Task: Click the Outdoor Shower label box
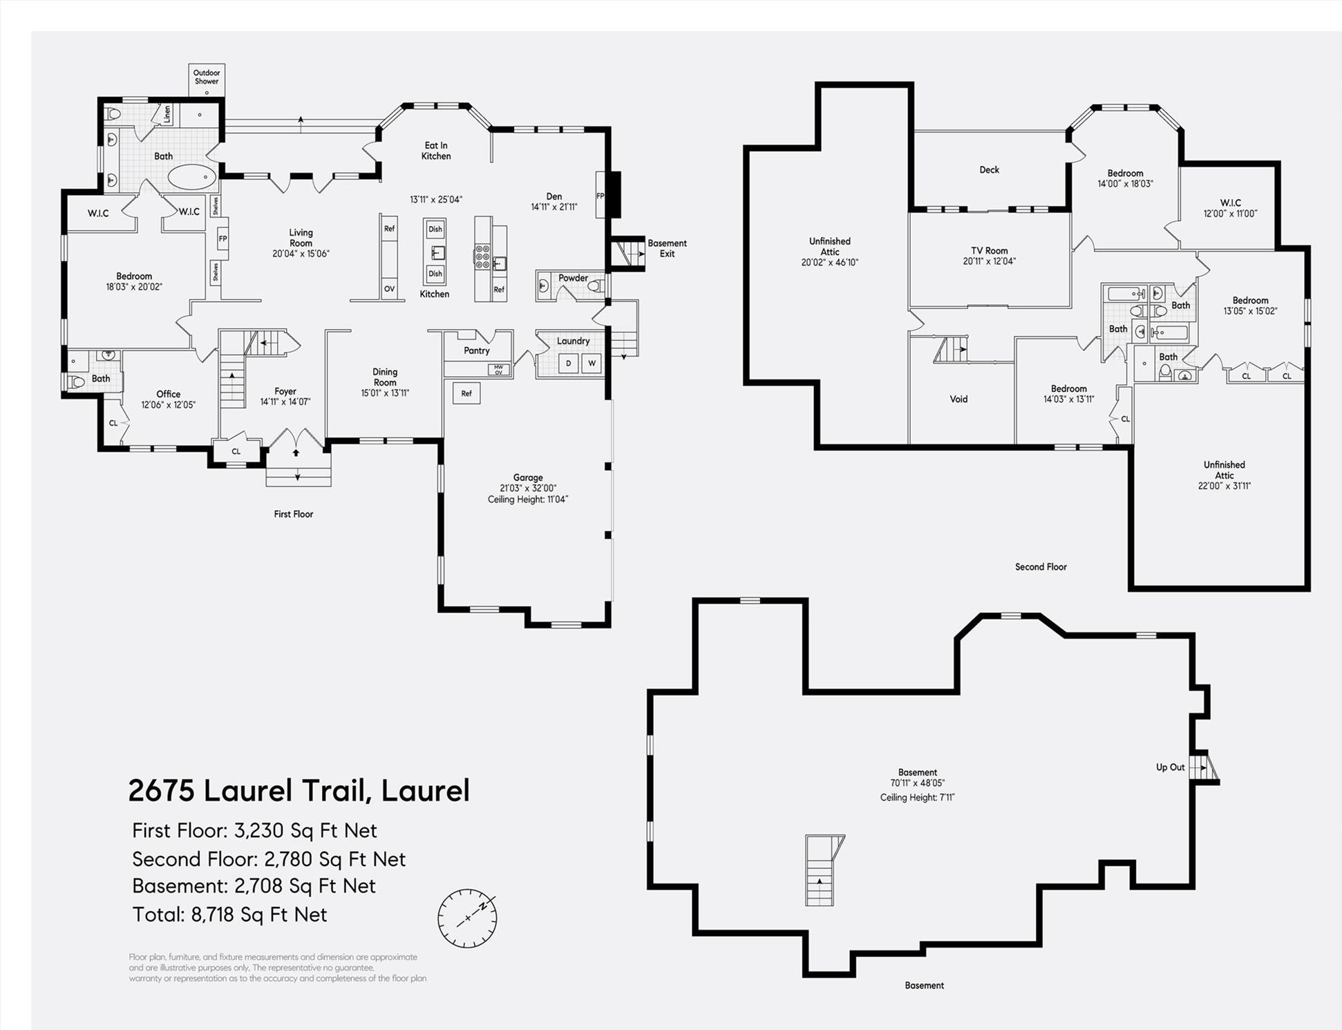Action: pyautogui.click(x=207, y=79)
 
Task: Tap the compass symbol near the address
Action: pyautogui.click(x=467, y=918)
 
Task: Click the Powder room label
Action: pyautogui.click(x=573, y=278)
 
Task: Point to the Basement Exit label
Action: pyautogui.click(x=667, y=248)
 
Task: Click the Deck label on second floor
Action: pyautogui.click(x=989, y=169)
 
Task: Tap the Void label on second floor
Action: pyautogui.click(x=958, y=399)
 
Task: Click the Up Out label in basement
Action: pyautogui.click(x=1170, y=767)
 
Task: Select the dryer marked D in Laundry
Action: pyautogui.click(x=569, y=364)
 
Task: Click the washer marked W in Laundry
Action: pyautogui.click(x=592, y=364)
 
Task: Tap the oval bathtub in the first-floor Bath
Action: pyautogui.click(x=192, y=178)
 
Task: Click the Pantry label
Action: pyautogui.click(x=477, y=350)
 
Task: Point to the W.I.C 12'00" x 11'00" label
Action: pyautogui.click(x=1230, y=208)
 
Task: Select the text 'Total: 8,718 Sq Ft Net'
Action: pyautogui.click(x=229, y=915)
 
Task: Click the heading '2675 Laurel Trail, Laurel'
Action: pyautogui.click(x=299, y=790)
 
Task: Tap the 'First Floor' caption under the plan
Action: pyautogui.click(x=293, y=514)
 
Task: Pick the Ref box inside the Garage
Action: pyautogui.click(x=466, y=393)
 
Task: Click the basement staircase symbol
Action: pyautogui.click(x=821, y=871)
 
